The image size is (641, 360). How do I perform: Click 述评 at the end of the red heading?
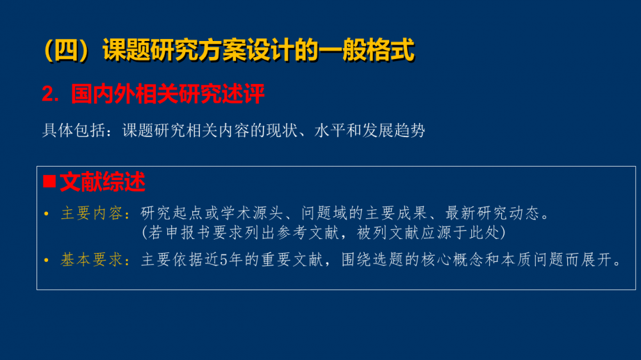[243, 94]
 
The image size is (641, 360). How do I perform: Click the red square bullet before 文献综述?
[49, 181]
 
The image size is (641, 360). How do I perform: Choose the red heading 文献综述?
[103, 182]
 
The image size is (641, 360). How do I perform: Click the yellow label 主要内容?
[92, 213]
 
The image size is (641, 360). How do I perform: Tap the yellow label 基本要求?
[92, 259]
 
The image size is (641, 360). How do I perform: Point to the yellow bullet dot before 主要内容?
[46, 214]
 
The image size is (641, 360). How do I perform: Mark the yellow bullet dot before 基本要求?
[46, 260]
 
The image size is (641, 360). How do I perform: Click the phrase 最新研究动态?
[492, 213]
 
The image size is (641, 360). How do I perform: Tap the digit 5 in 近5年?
[224, 260]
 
